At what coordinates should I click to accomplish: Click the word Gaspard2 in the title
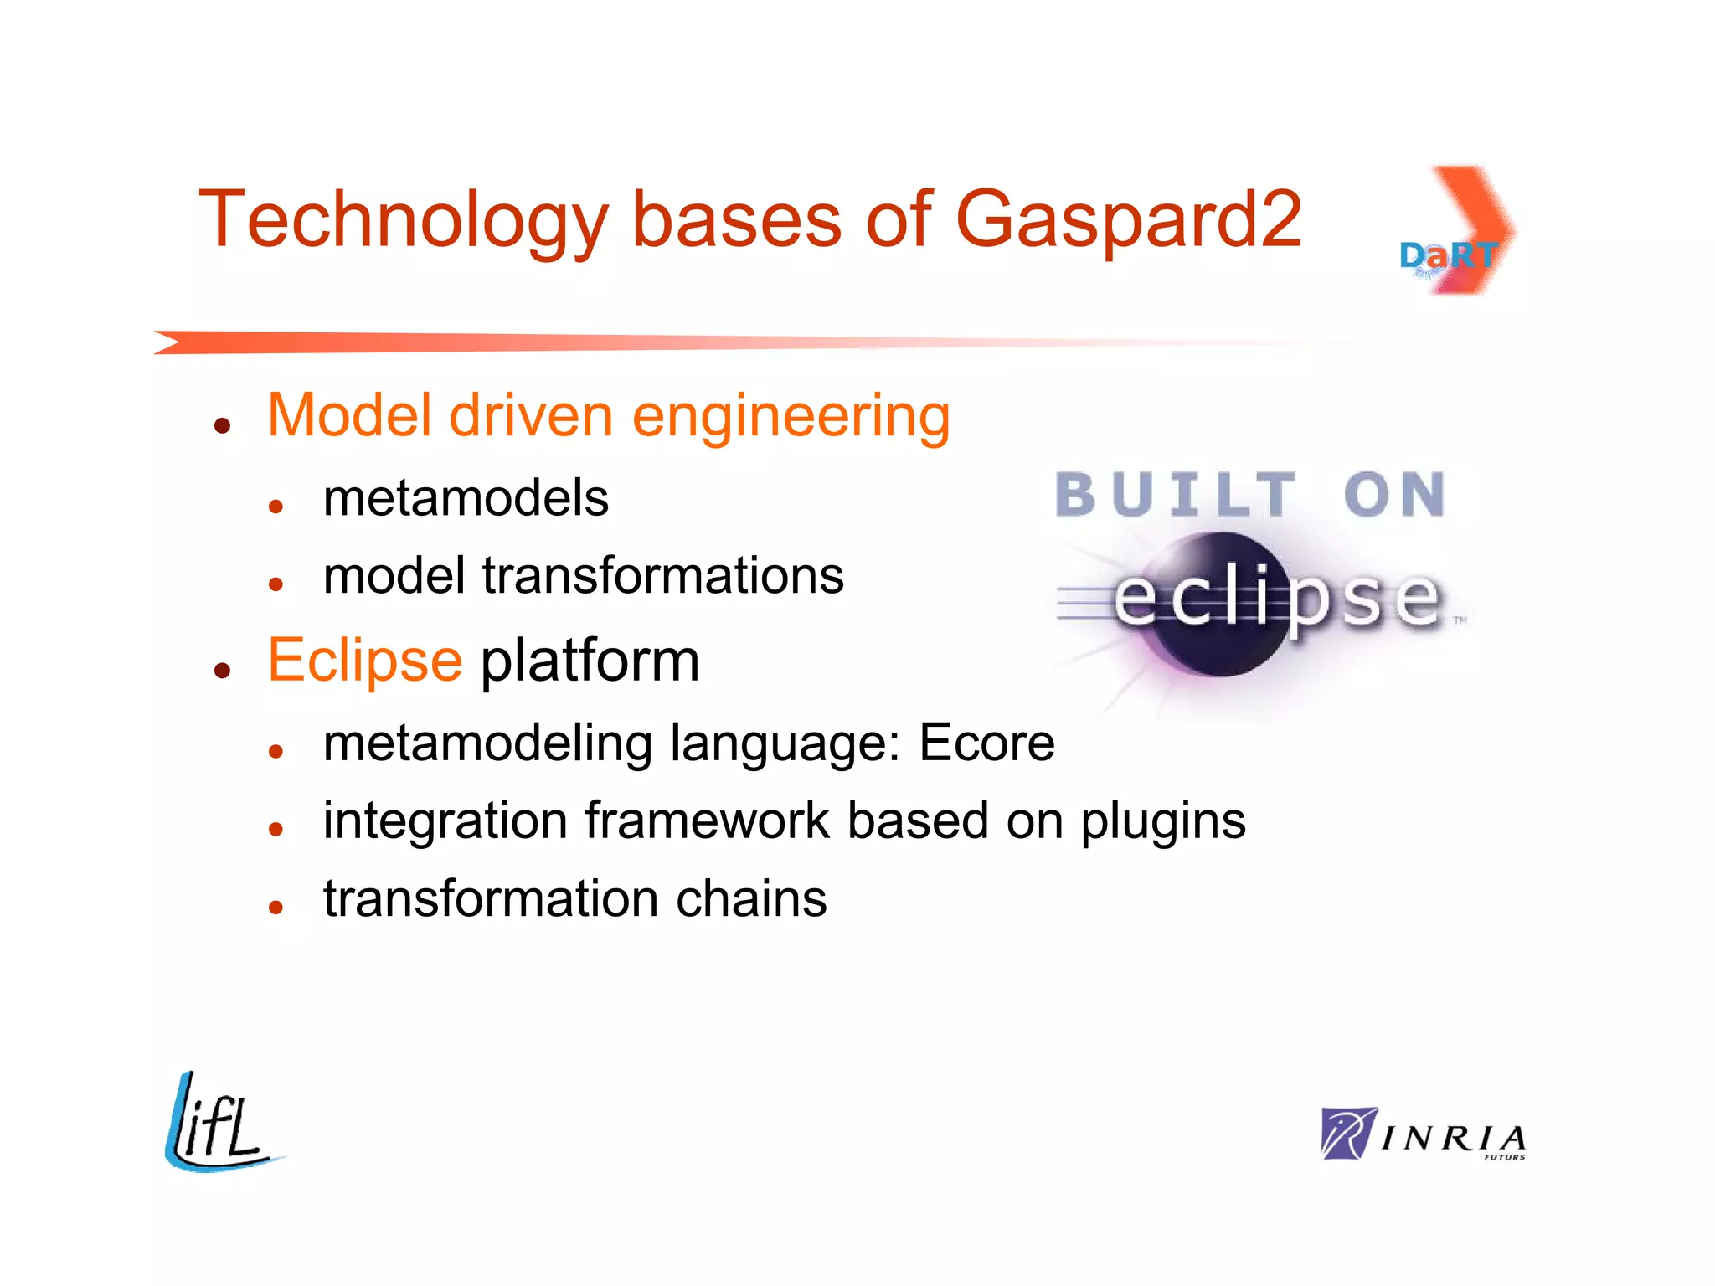[1128, 219]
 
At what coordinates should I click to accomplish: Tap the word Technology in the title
[403, 219]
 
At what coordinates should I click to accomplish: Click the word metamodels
[466, 499]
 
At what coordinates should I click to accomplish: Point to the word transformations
[662, 577]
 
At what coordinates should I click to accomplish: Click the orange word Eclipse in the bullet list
[364, 661]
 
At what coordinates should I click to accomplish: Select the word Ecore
[986, 743]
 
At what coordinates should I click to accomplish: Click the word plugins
[1162, 822]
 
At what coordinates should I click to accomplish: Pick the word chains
[750, 899]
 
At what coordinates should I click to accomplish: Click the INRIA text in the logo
[1453, 1139]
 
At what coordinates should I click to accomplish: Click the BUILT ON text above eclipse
[1249, 495]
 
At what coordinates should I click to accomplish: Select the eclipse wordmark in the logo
[1276, 599]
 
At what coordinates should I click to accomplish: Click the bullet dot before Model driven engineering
[222, 426]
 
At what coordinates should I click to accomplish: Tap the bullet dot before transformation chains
[276, 908]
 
